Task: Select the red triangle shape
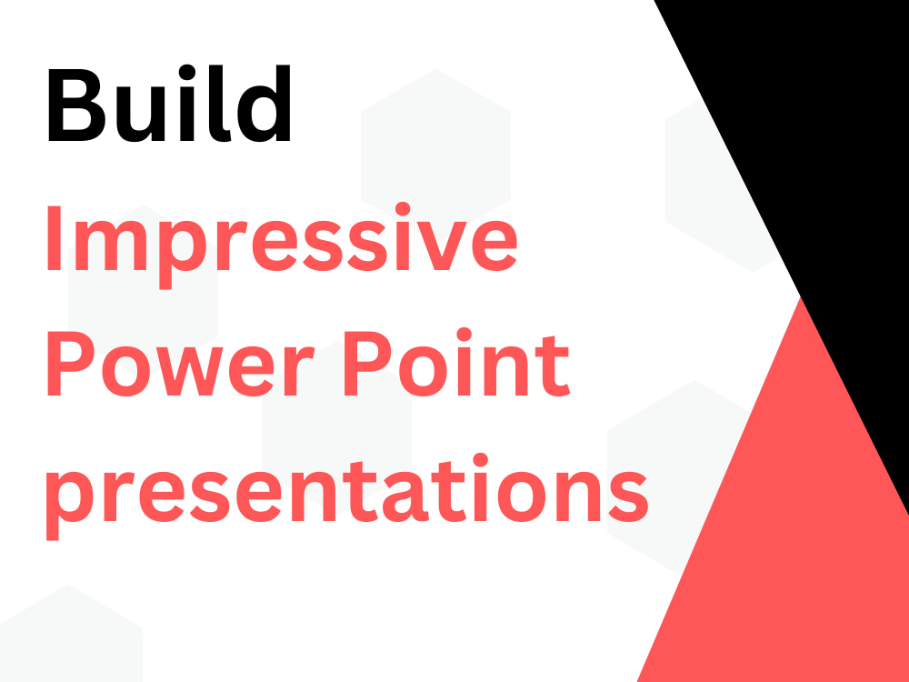point(800,527)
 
